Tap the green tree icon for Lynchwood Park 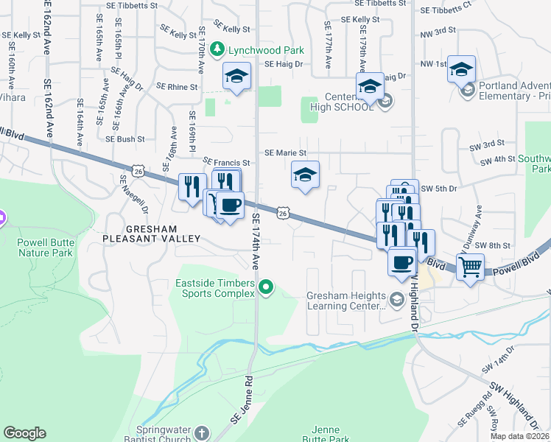click(x=217, y=49)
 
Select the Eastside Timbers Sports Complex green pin click(x=267, y=287)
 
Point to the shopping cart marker click(x=470, y=266)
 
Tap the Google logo click(x=25, y=433)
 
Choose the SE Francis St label click(x=227, y=161)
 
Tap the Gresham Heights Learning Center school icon click(x=398, y=298)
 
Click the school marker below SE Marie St click(x=305, y=175)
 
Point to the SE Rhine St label click(x=173, y=87)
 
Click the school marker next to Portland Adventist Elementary click(x=461, y=70)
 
